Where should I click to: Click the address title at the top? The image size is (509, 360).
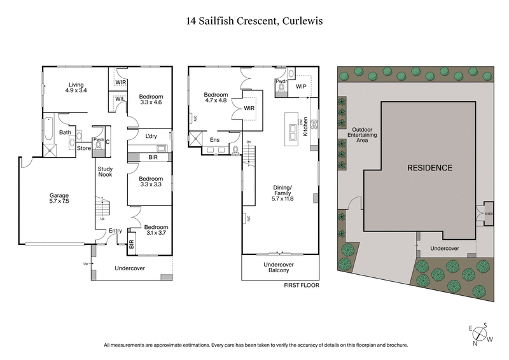[254, 20]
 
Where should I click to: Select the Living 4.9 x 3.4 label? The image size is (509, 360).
[77, 87]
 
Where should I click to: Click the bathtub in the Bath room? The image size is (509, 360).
[49, 127]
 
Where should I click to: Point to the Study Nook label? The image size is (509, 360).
[105, 171]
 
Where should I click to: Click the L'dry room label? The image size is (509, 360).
[151, 137]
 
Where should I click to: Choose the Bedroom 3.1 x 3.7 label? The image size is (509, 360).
[156, 231]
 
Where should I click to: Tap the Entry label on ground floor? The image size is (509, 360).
[115, 231]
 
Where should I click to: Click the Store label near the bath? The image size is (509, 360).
[84, 149]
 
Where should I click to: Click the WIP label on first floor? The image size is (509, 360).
[301, 87]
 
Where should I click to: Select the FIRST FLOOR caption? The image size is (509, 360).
[302, 286]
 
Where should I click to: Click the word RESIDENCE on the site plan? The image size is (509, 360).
[429, 168]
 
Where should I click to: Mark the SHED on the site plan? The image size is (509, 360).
[489, 214]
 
